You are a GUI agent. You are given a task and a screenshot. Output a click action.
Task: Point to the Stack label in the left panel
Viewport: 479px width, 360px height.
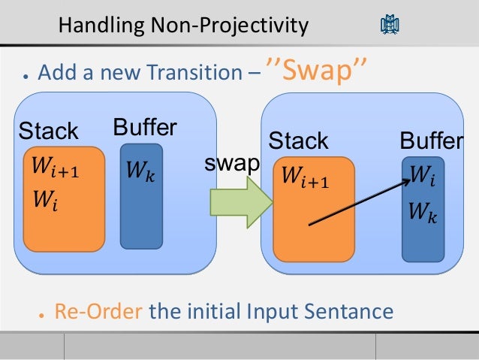click(x=48, y=132)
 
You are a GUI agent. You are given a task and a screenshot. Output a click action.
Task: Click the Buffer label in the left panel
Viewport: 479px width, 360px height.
click(x=144, y=126)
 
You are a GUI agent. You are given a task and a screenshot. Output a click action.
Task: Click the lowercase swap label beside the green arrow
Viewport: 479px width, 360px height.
click(x=232, y=163)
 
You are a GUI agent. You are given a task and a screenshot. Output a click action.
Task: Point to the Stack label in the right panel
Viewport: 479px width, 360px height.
click(x=298, y=141)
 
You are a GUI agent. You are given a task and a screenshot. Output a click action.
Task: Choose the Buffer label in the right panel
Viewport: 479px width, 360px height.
click(x=432, y=141)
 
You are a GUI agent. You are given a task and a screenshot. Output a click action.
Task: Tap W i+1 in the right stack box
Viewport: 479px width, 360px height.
click(x=305, y=178)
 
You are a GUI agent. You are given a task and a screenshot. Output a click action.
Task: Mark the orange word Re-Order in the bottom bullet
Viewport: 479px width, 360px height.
click(x=98, y=310)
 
